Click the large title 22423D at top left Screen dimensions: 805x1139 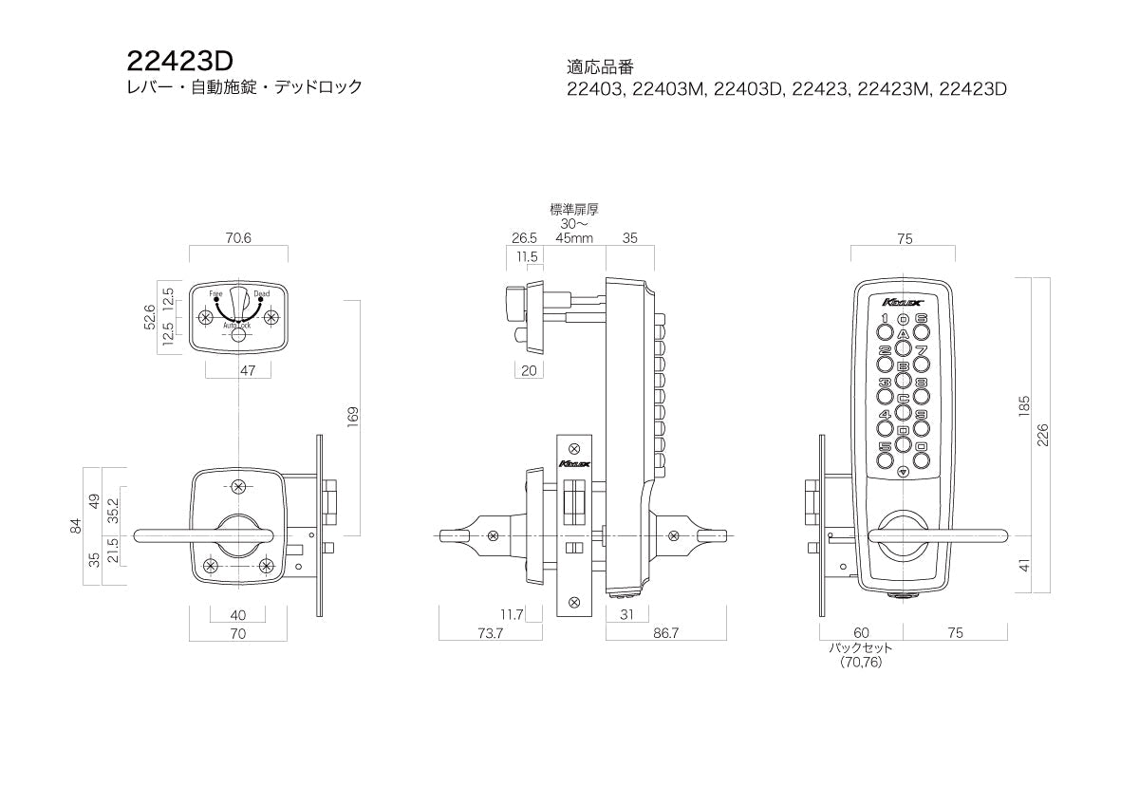pos(179,61)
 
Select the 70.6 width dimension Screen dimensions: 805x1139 pos(238,238)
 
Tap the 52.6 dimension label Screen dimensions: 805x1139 pos(148,319)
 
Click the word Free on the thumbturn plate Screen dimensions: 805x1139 pos(215,294)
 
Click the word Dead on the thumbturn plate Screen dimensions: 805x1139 pos(262,294)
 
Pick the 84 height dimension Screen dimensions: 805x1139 pos(77,526)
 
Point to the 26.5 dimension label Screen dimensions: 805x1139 pos(524,238)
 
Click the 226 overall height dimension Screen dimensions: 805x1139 pos(1041,434)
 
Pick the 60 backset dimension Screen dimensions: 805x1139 pos(861,633)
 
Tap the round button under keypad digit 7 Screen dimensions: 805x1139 pos(921,365)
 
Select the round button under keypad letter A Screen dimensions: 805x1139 pos(903,348)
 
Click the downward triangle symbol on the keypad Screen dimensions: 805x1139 pos(903,470)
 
